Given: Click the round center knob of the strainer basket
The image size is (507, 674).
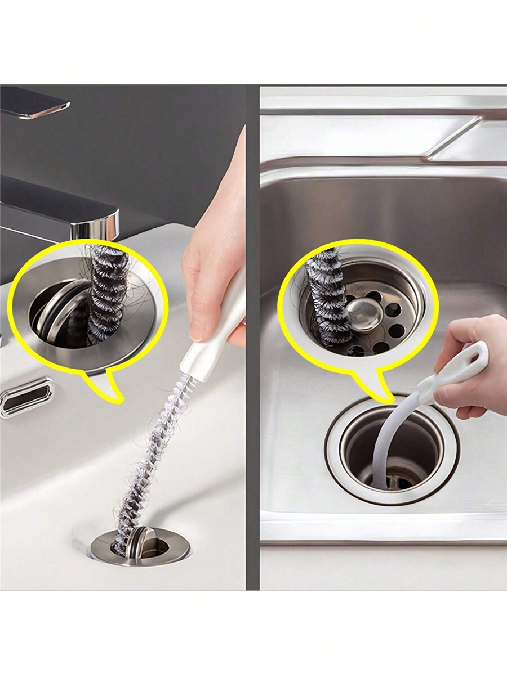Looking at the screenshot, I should (x=361, y=309).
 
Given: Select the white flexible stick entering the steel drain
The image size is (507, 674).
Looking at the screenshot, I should (x=389, y=444).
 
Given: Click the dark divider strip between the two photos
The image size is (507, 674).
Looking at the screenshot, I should (x=252, y=338).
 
